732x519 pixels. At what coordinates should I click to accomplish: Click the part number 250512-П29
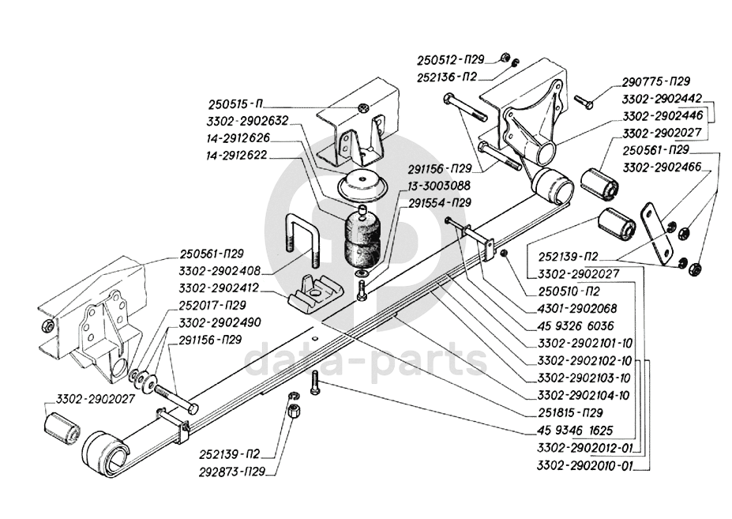pos(451,60)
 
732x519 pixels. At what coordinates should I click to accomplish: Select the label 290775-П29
pos(656,81)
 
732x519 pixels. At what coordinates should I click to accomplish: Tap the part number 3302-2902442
pos(662,99)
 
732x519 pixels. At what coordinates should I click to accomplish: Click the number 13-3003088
pos(439,186)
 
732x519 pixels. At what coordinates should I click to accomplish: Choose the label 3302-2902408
pos(220,271)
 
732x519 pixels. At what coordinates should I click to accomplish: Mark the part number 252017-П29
pos(212,305)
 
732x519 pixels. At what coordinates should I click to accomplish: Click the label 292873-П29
pos(232,472)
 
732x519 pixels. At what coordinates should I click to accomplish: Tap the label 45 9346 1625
pos(575,431)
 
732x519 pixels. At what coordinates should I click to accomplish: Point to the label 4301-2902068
pos(577,308)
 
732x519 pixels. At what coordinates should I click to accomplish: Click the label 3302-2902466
pos(662,167)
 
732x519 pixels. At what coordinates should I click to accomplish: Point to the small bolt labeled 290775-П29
pos(583,101)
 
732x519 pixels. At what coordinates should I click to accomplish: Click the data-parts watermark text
pos(366,359)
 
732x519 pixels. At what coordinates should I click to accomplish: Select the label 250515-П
pos(235,103)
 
